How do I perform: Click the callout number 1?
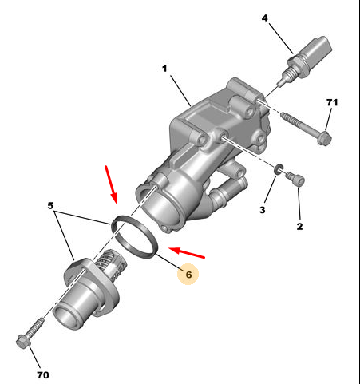coord(164,69)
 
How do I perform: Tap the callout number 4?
coord(264,18)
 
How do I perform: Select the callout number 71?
coord(332,102)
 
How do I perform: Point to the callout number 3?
coord(263,210)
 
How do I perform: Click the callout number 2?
coord(299,227)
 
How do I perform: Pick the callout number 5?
coord(50,205)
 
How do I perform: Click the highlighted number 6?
coord(188,275)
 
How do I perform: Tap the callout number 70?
coord(43,375)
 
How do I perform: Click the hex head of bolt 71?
coord(324,138)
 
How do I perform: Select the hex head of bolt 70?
coord(23,341)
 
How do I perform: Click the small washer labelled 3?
coord(279,170)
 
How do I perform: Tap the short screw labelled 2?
coord(295,179)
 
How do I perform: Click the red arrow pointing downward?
coord(111,184)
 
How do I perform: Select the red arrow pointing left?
coord(187,252)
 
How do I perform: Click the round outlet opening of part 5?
coord(65,317)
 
